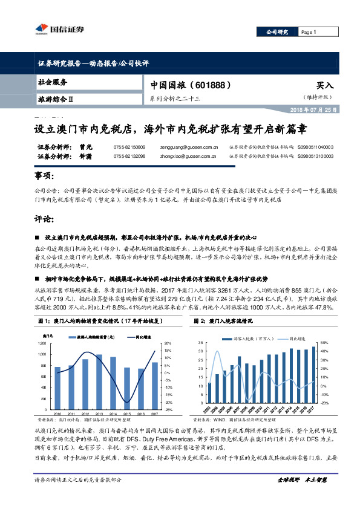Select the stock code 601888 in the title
(210, 86)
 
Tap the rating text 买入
(324, 86)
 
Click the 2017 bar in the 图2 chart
(313, 375)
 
